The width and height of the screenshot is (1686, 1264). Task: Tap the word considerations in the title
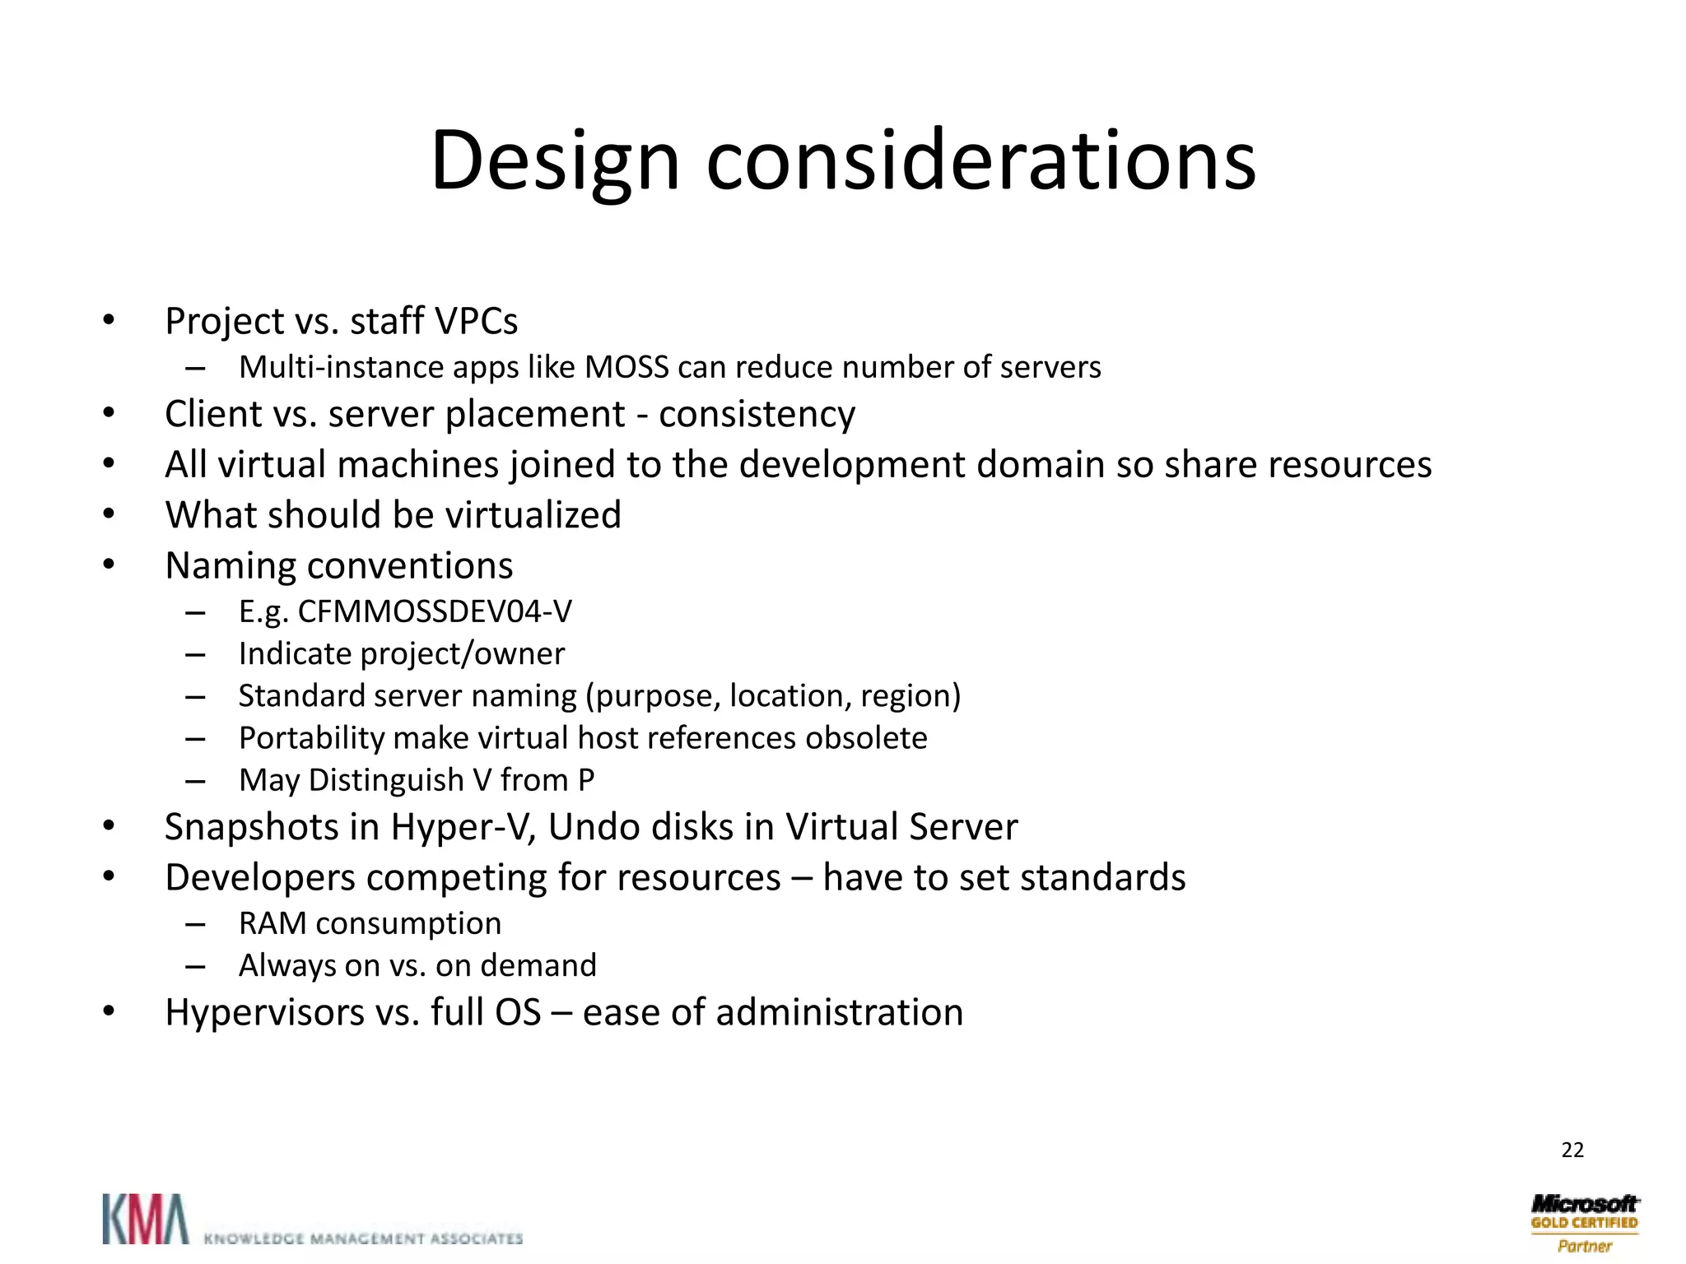980,160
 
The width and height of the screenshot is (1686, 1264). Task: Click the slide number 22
1572,1150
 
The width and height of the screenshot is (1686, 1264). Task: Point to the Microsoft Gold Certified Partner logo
1585,1223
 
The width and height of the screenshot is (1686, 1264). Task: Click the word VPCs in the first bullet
477,321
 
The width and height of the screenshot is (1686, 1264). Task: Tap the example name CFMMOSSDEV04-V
435,611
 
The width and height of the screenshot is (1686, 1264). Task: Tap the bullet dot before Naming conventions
109,565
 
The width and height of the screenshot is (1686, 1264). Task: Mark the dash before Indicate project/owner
195,655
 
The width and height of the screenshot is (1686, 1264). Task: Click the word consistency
757,414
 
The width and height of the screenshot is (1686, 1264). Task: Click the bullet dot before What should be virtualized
109,514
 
